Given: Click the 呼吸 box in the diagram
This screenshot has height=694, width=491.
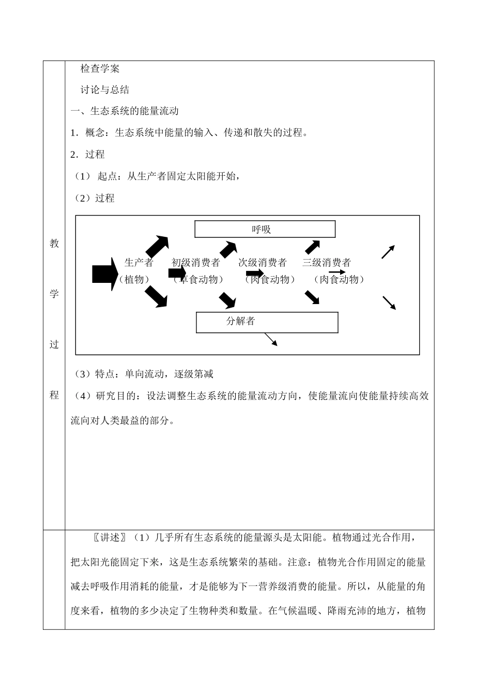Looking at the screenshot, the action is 265,229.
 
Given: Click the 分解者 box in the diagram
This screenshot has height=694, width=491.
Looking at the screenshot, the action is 267,322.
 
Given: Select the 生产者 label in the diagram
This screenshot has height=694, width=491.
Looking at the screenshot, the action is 139,262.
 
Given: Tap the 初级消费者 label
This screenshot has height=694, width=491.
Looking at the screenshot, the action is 196,262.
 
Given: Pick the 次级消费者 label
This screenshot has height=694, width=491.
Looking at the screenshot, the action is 263,262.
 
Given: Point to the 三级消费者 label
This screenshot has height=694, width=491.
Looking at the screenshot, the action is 327,262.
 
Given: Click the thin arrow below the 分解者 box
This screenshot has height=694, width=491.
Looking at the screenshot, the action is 271,339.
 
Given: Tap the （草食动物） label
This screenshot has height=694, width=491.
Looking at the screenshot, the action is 198,279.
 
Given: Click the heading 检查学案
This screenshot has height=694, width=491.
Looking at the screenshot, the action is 100,68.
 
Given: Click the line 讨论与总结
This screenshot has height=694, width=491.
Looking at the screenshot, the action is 105,89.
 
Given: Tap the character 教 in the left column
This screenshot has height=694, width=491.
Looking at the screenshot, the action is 54,244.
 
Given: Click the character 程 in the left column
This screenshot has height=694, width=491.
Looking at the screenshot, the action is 54,395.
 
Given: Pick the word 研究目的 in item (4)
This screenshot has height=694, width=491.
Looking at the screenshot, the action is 115,396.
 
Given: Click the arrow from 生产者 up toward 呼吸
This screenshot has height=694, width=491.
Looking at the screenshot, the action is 157,246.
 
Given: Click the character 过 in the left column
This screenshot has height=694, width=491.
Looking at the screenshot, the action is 54,344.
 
